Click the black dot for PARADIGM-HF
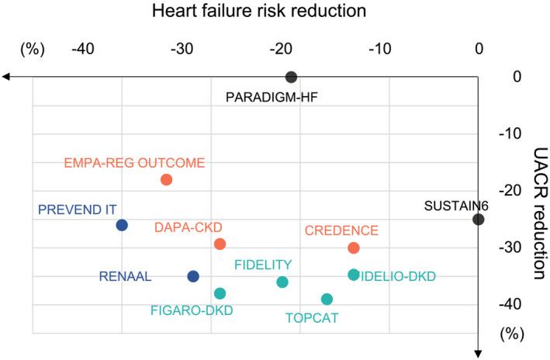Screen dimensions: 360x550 click(291, 77)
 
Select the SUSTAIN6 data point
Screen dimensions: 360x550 click(479, 220)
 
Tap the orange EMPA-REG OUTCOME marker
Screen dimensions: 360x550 click(166, 180)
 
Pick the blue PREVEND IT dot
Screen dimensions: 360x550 click(122, 225)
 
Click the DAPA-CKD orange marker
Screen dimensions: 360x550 click(220, 244)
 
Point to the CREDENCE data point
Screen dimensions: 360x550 click(354, 247)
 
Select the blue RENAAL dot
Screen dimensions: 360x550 click(193, 276)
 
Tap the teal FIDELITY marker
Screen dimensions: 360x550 click(282, 282)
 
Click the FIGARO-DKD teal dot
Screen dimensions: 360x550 click(220, 293)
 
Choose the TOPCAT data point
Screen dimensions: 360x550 click(327, 299)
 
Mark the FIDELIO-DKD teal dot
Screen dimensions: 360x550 click(354, 274)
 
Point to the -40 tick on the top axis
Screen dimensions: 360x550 click(83, 48)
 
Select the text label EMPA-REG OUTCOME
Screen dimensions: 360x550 click(134, 163)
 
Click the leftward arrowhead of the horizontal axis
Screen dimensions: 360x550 click(5, 77)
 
